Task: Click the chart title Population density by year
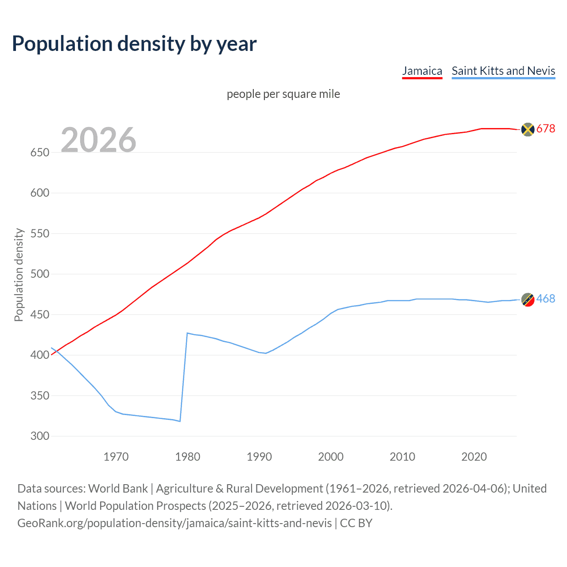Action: click(x=134, y=44)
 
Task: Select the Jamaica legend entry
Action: click(x=422, y=71)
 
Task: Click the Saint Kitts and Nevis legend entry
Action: click(x=503, y=71)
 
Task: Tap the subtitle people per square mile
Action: click(x=283, y=94)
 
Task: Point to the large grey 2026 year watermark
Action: click(x=98, y=140)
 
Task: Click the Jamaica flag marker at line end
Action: click(x=527, y=129)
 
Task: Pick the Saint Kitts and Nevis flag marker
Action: click(x=527, y=299)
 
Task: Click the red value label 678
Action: click(x=546, y=129)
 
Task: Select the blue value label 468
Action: click(x=546, y=299)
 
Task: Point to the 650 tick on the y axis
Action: click(x=40, y=152)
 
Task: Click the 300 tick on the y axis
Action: click(x=40, y=436)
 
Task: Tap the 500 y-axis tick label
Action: click(x=40, y=274)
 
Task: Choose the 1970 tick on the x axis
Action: click(x=116, y=457)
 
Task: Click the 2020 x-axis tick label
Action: click(x=474, y=457)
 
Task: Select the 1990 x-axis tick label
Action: click(x=259, y=457)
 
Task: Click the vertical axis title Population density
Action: click(x=19, y=275)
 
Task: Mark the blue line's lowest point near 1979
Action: click(x=180, y=421)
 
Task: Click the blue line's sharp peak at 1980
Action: click(x=187, y=333)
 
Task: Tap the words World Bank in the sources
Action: click(x=118, y=489)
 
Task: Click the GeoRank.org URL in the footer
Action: click(x=175, y=523)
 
